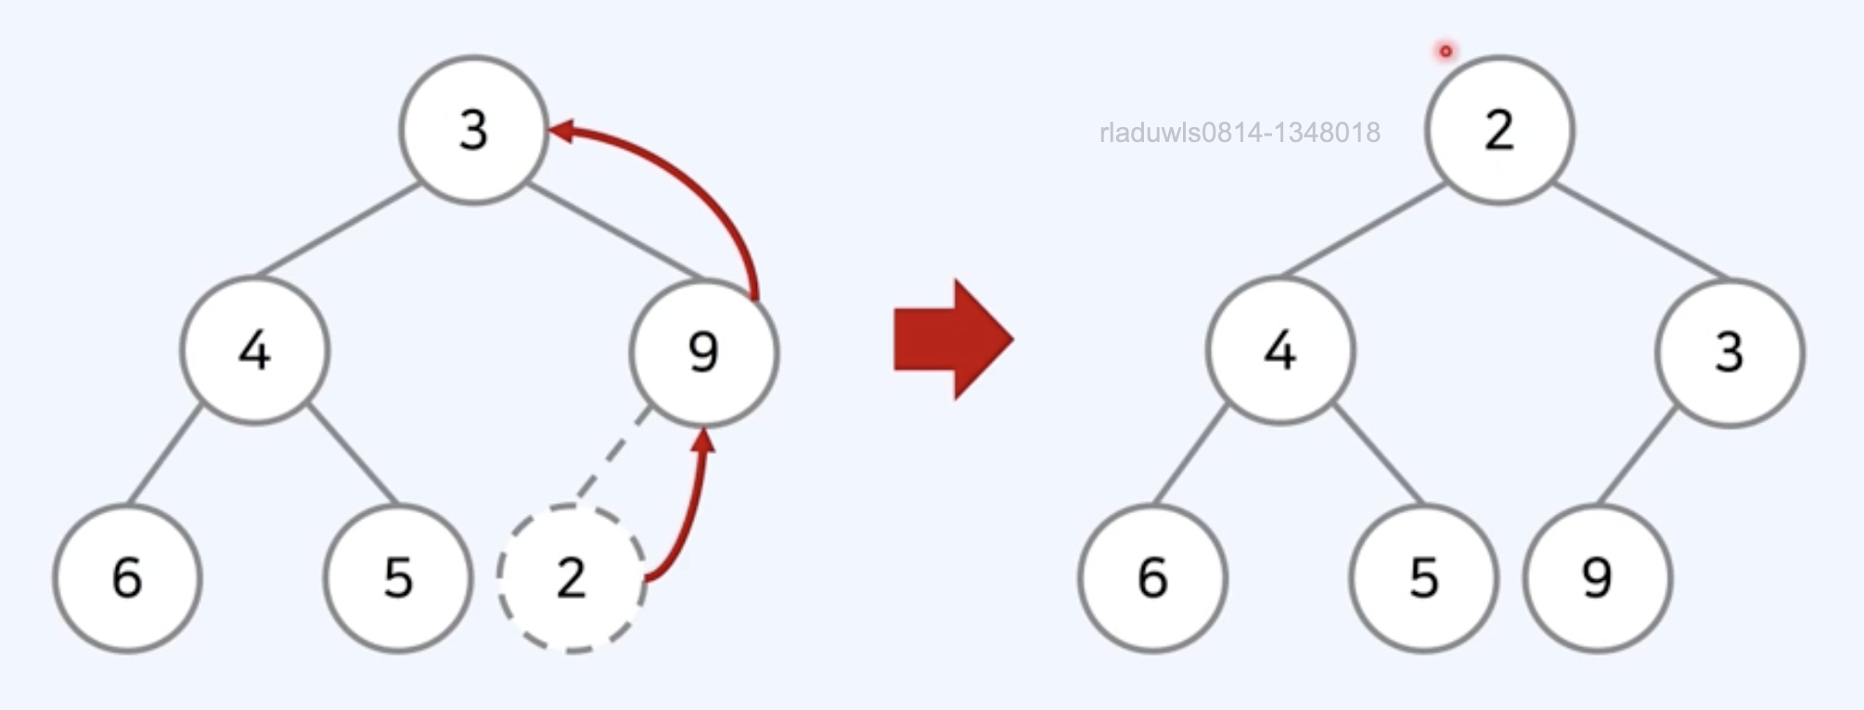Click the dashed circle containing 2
[x=571, y=578]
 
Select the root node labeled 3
[x=473, y=130]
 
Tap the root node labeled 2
[x=1499, y=130]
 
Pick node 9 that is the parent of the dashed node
[x=703, y=353]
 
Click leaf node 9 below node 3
[x=1597, y=578]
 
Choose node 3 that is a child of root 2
[x=1729, y=353]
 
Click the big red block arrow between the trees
[x=952, y=340]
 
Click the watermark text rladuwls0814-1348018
[x=1239, y=133]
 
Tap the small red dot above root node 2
[x=1445, y=51]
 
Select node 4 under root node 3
[x=254, y=351]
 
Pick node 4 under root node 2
[x=1280, y=351]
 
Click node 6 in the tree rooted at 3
[x=127, y=578]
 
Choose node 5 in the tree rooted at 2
[x=1423, y=578]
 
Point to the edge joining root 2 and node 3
[x=1640, y=232]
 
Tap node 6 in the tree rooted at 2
[x=1152, y=578]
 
